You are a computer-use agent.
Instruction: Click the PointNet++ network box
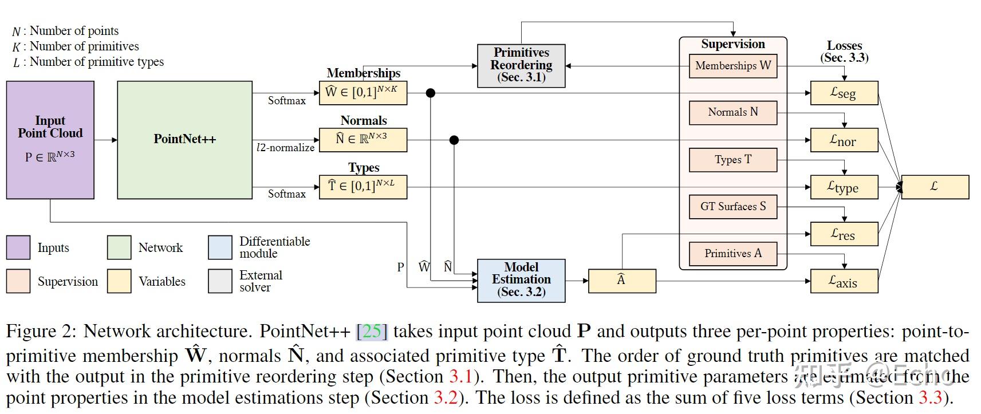pyautogui.click(x=184, y=140)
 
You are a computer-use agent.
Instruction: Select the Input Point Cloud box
pyautogui.click(x=50, y=140)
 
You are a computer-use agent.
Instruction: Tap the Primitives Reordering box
pyautogui.click(x=521, y=65)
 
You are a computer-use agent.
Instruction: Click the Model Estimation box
pyautogui.click(x=521, y=280)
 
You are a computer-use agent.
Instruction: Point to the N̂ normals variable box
pyautogui.click(x=363, y=140)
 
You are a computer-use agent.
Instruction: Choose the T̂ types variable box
pyautogui.click(x=363, y=187)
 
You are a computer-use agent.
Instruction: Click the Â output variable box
pyautogui.click(x=621, y=281)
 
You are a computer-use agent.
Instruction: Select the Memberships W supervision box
pyautogui.click(x=732, y=66)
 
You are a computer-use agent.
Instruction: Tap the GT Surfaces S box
pyautogui.click(x=732, y=207)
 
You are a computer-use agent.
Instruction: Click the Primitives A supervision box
pyautogui.click(x=732, y=254)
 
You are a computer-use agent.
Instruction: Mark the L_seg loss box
pyautogui.click(x=844, y=93)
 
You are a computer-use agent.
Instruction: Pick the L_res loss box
pyautogui.click(x=844, y=234)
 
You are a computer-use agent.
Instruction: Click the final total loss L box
pyautogui.click(x=935, y=187)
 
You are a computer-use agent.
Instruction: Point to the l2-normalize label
pyautogui.click(x=285, y=148)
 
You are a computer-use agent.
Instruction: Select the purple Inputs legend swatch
pyautogui.click(x=18, y=247)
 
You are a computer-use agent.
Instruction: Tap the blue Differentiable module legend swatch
pyautogui.click(x=220, y=247)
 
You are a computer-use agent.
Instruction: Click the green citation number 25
pyautogui.click(x=372, y=331)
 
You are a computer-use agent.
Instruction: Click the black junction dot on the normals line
pyautogui.click(x=454, y=140)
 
